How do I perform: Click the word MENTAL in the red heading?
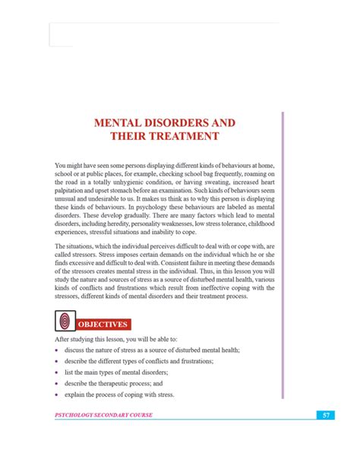118,122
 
